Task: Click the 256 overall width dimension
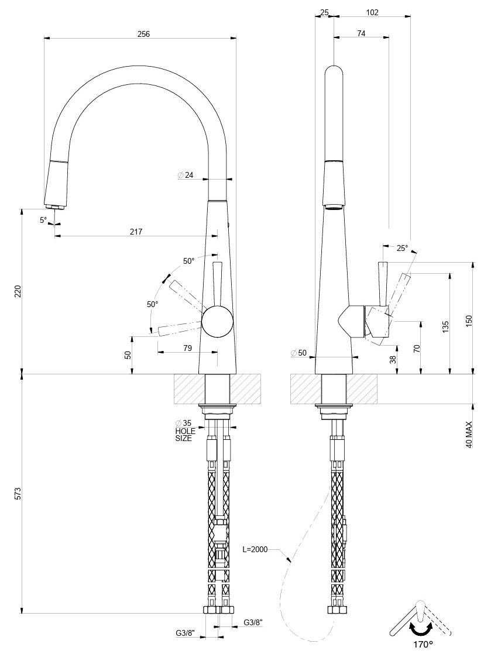click(144, 34)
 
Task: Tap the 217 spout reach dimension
click(136, 232)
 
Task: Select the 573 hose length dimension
click(18, 493)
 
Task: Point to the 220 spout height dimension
click(18, 291)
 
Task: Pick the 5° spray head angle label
click(43, 221)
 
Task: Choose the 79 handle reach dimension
click(188, 348)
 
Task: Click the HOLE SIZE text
click(185, 435)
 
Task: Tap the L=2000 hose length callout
click(255, 549)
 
